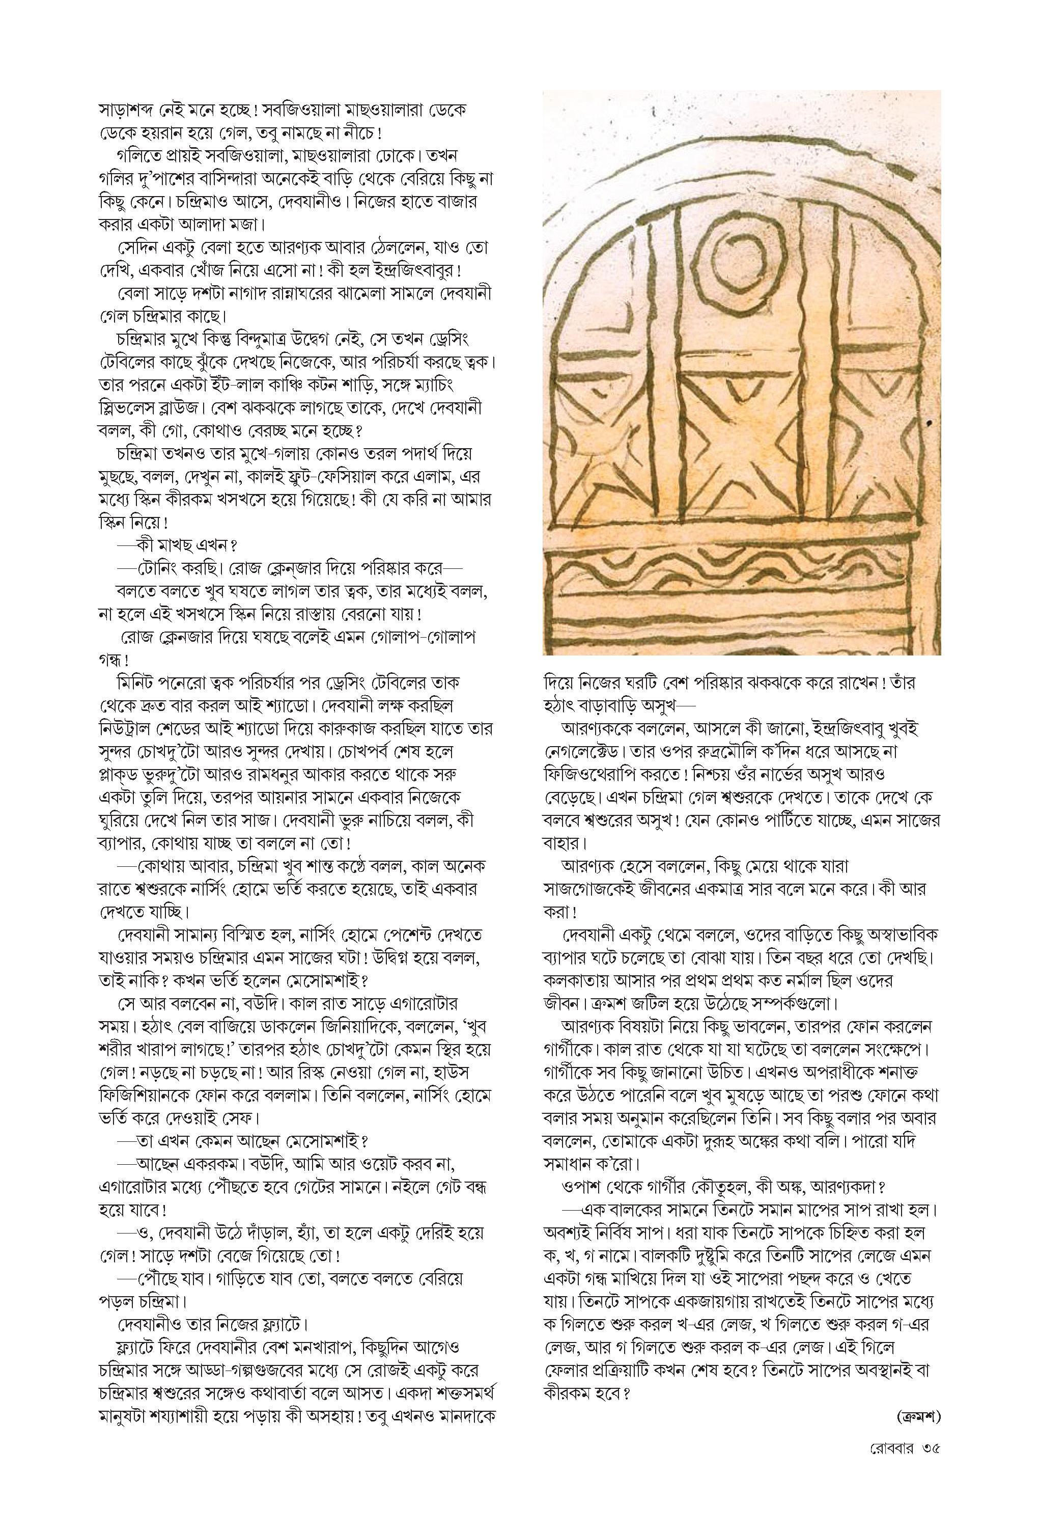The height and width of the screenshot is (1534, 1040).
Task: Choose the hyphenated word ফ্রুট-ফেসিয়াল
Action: (x=377, y=475)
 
